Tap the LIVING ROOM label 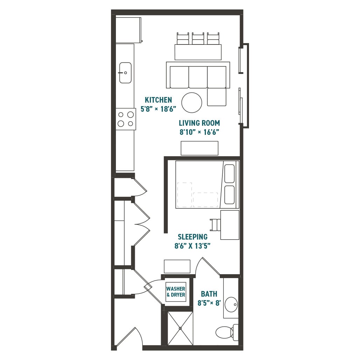199,123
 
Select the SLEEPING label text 192,237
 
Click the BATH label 209,294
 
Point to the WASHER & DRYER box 176,292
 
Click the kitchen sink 125,73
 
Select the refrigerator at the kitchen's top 128,29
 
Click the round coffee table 192,103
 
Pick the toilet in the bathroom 226,332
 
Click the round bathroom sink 231,304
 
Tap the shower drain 180,328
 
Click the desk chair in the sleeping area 215,225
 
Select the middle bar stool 198,39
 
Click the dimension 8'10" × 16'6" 199,132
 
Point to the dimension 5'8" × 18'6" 158,109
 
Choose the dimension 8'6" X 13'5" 192,246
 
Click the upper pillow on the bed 229,174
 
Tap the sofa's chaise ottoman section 216,97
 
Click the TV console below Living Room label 199,148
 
